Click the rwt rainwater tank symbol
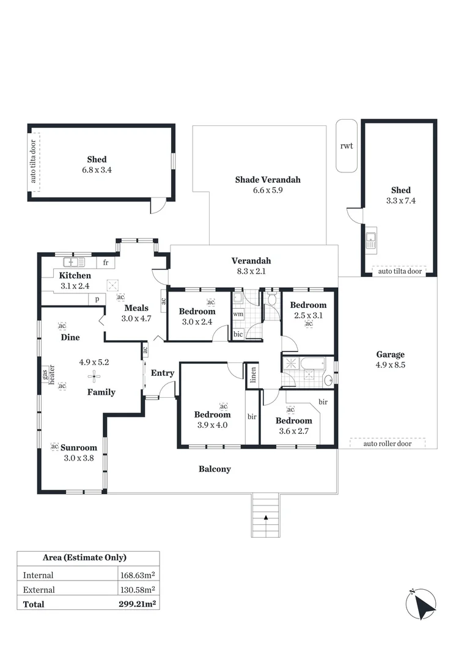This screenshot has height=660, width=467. tap(347, 146)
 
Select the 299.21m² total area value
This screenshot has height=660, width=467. tap(137, 604)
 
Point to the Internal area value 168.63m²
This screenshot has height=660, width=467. tap(137, 575)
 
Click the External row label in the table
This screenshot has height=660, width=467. tap(39, 590)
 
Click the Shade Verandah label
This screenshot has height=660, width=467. tap(268, 180)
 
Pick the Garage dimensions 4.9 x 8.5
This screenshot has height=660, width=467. tap(390, 365)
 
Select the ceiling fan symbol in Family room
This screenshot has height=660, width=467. tap(94, 375)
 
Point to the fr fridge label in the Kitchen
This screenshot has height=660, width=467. tap(106, 263)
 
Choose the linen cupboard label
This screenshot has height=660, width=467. tap(251, 375)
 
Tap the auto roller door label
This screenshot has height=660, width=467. tap(387, 443)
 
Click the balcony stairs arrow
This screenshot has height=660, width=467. tap(266, 518)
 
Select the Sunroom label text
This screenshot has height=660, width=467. tap(78, 447)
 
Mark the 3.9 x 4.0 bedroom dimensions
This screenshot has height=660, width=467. tap(212, 425)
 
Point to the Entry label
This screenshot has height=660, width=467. tap(163, 373)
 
